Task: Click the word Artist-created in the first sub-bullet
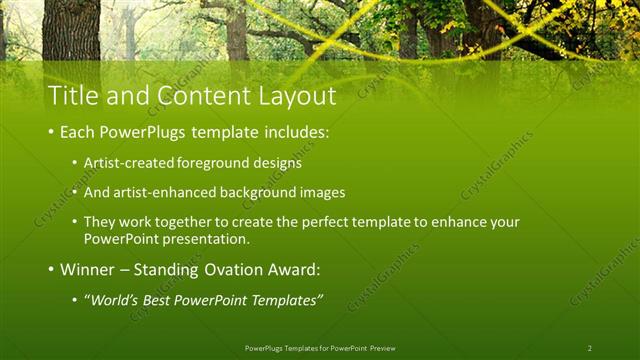[x=126, y=161]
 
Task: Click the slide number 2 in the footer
[x=589, y=348]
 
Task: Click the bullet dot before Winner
[x=51, y=270]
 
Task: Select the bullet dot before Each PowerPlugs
[x=51, y=132]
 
